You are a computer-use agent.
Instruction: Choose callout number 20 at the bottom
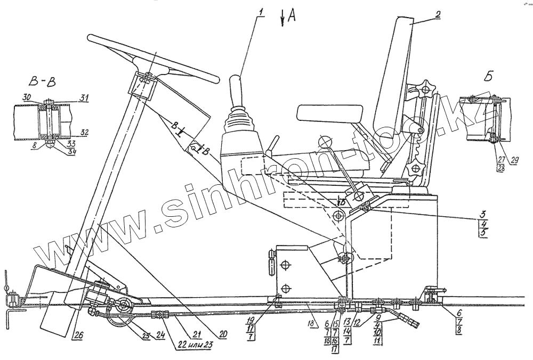(x=223, y=334)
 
